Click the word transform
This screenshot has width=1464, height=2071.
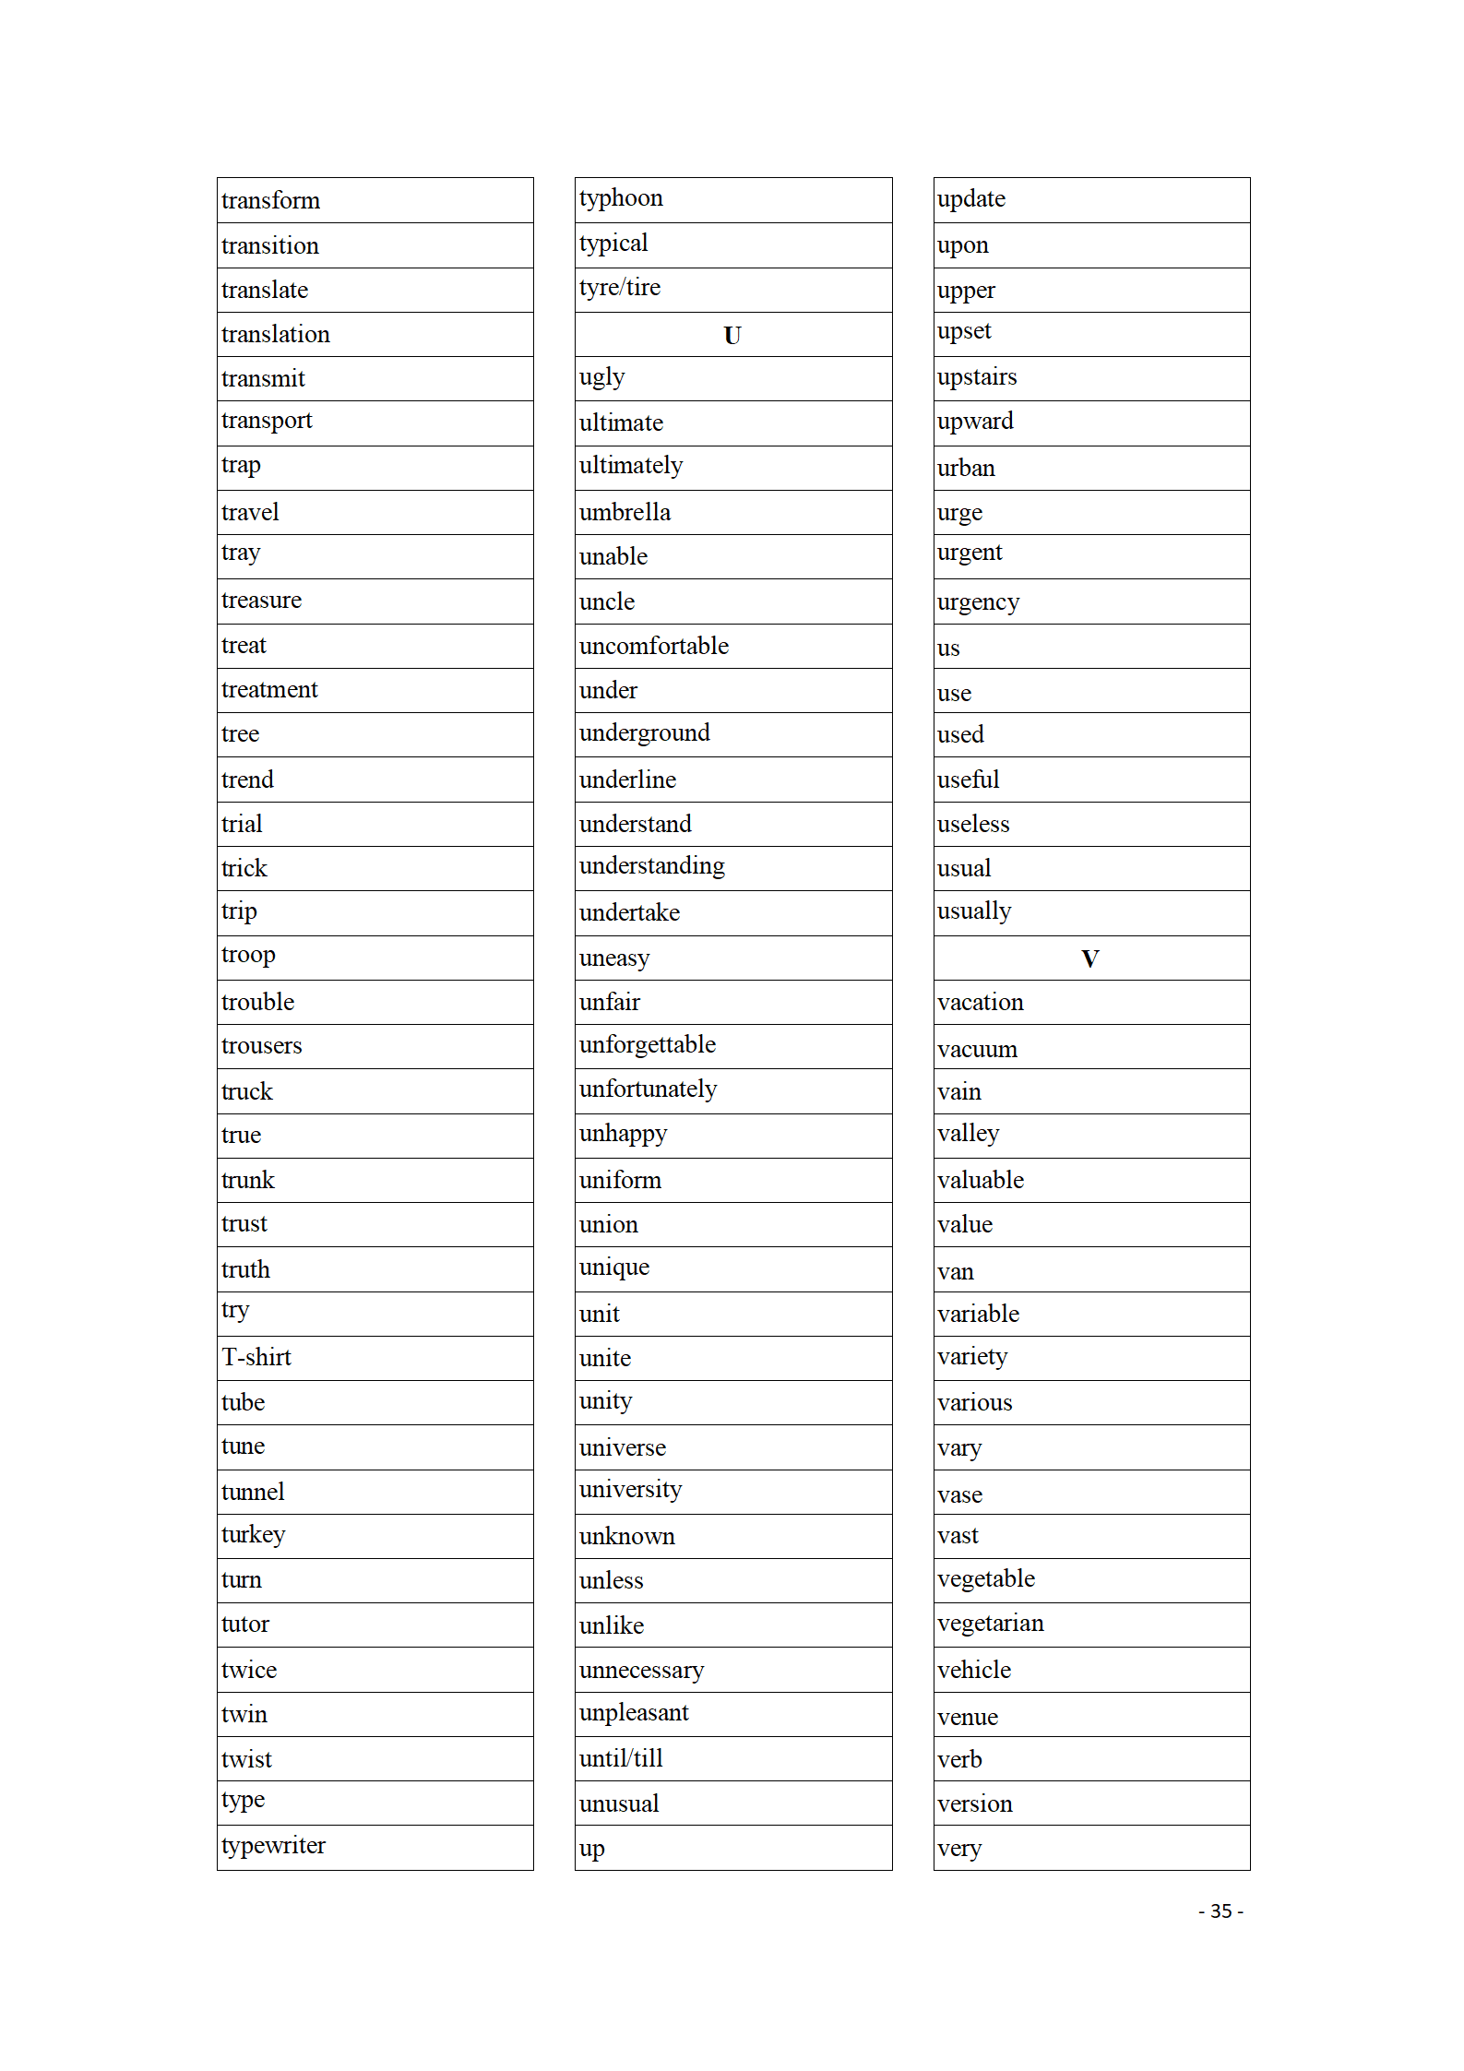coord(270,201)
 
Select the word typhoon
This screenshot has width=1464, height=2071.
coord(621,198)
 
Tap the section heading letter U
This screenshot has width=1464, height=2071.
coord(732,336)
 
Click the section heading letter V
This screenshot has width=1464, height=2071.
coord(1089,959)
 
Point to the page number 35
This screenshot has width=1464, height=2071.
coord(1220,1911)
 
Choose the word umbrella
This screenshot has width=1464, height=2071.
coord(625,513)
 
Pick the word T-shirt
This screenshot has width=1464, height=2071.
coord(256,1358)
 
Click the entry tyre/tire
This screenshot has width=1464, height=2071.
coord(620,288)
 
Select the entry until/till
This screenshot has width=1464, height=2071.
coord(621,1759)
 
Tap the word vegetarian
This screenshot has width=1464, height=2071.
coord(990,1624)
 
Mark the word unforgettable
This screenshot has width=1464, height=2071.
coord(648,1045)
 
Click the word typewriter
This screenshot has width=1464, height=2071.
coord(273,1846)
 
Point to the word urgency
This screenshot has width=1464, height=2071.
coord(978,603)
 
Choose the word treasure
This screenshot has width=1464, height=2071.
coord(261,601)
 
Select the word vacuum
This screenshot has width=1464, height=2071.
coord(977,1050)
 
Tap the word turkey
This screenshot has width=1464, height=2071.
coord(253,1535)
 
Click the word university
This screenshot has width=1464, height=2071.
coord(630,1490)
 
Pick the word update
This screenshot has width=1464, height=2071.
coord(970,199)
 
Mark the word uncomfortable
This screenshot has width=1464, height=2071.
coord(653,647)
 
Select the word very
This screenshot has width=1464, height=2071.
coord(958,1849)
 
